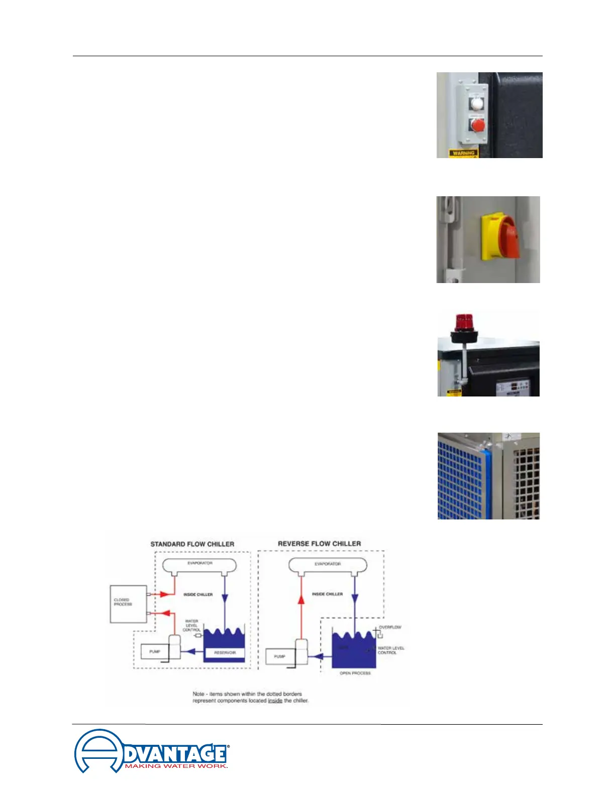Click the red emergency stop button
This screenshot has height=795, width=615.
(x=478, y=124)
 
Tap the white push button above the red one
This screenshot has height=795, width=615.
(x=476, y=103)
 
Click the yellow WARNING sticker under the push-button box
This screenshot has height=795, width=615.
(x=463, y=153)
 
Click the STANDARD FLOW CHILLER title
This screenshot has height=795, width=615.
(x=192, y=544)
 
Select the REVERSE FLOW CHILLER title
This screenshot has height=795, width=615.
(x=319, y=544)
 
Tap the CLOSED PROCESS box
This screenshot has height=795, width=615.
(x=128, y=604)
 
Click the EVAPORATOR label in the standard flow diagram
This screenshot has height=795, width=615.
(x=200, y=563)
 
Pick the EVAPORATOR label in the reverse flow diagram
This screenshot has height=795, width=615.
(x=328, y=564)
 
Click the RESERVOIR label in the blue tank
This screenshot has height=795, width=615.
(x=225, y=652)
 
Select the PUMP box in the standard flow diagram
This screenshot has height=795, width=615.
(x=155, y=651)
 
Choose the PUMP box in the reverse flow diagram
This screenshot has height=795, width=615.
(x=280, y=656)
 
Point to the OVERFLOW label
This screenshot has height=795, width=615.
(x=390, y=627)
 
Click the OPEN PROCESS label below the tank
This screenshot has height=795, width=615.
(x=355, y=673)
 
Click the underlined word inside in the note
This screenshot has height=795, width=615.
(x=275, y=700)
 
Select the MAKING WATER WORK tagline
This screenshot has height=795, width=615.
(x=176, y=766)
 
